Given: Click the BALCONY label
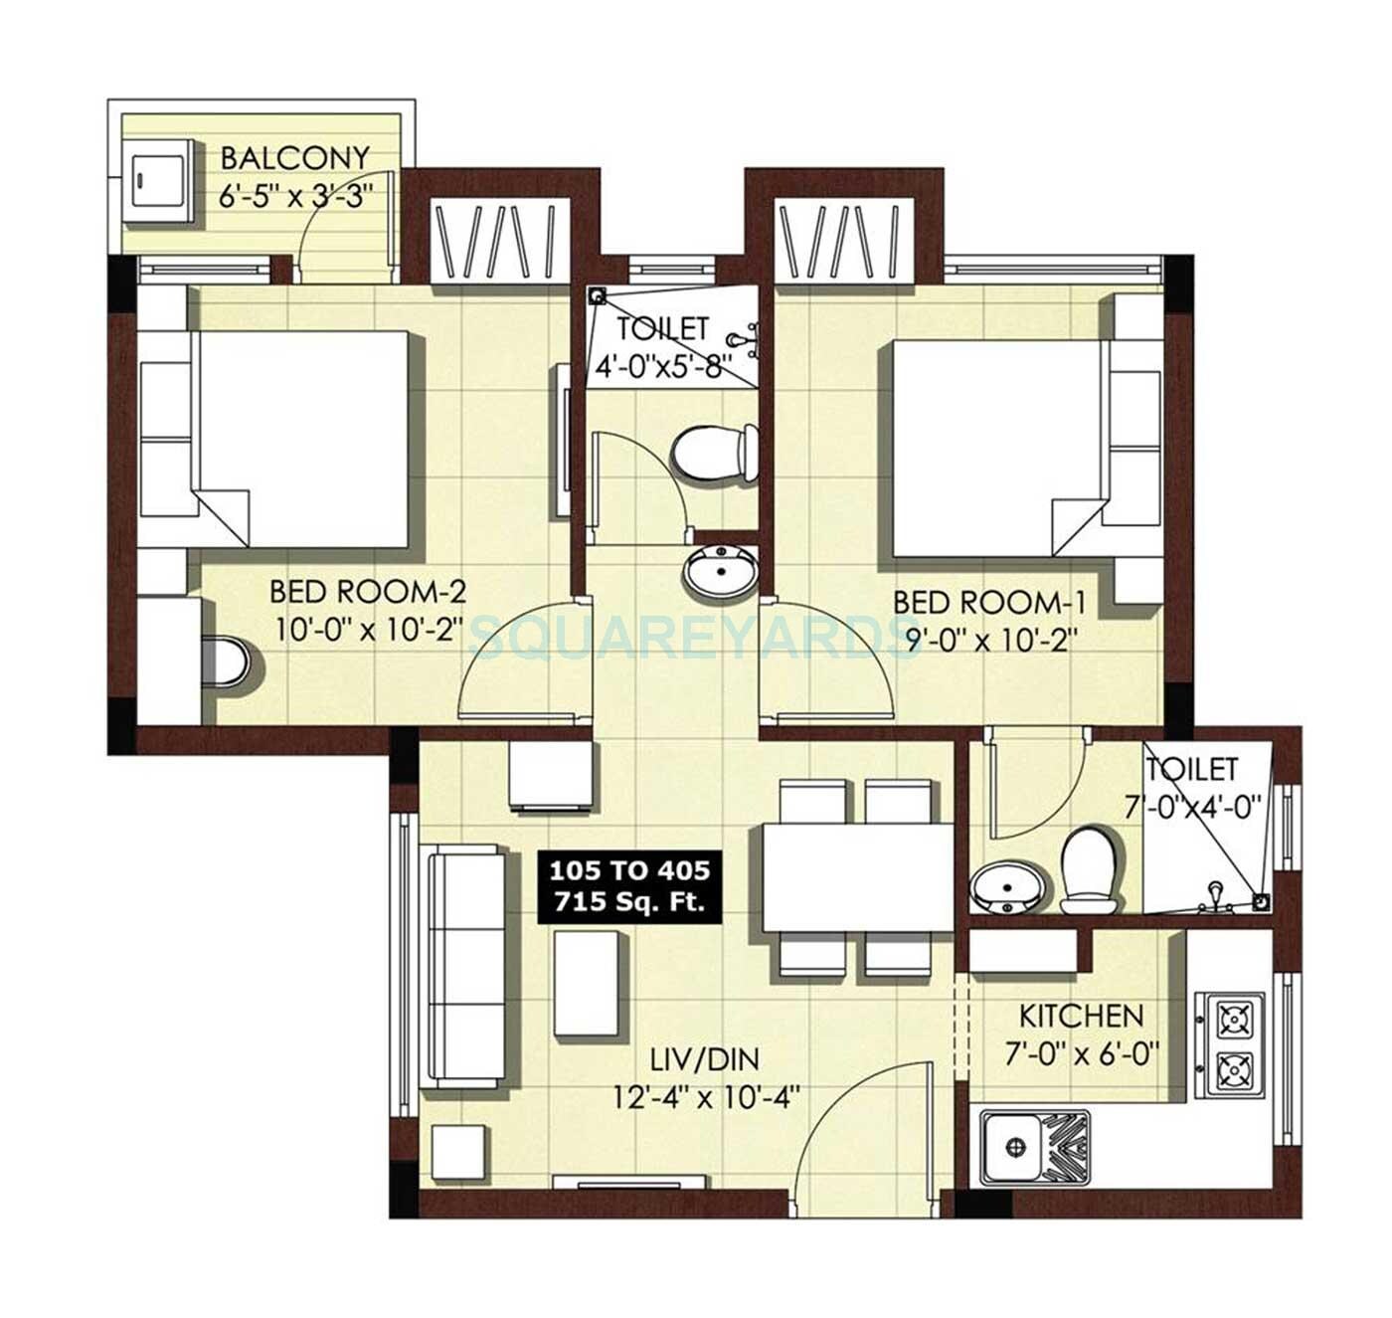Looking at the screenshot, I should pos(294,158).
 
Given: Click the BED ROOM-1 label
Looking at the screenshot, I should pos(988,603).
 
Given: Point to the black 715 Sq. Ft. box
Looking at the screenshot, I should pos(629,886).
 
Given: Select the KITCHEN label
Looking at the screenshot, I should pos(1081,1016).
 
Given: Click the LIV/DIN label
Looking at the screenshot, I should pos(705,1059).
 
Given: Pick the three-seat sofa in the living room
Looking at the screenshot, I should pos(465,965).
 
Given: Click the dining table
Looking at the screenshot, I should pos(857,877).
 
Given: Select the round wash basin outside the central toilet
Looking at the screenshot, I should pos(719,572).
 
